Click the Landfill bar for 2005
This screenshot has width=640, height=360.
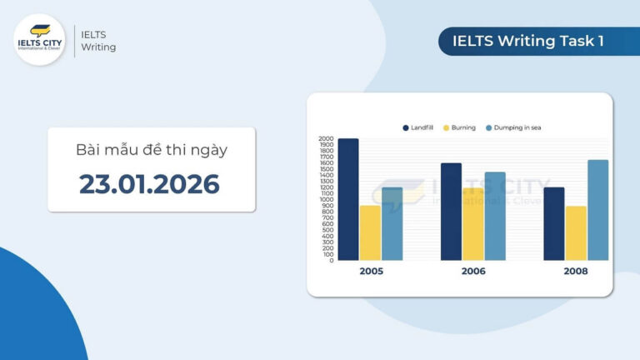(x=348, y=200)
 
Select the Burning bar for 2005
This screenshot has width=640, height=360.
(x=370, y=233)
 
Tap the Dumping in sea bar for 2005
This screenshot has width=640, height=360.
(x=392, y=224)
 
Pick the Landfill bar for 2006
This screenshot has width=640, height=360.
(x=451, y=212)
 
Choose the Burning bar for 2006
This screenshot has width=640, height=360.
(x=472, y=224)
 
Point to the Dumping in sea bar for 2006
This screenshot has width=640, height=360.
(x=494, y=217)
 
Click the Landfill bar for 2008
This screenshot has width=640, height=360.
(x=553, y=224)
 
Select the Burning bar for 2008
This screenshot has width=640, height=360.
(x=575, y=233)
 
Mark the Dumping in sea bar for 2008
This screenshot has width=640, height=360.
(x=597, y=210)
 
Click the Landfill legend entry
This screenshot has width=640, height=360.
(x=417, y=127)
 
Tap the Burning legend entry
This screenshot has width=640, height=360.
(x=458, y=127)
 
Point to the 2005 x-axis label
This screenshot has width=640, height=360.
(x=371, y=272)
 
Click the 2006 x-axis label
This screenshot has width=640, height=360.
(x=472, y=272)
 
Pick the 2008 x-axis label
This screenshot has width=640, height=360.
(x=575, y=272)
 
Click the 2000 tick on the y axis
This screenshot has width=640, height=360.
(x=326, y=139)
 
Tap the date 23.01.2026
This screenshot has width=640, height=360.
(x=150, y=183)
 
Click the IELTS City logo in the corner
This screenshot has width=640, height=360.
(x=39, y=39)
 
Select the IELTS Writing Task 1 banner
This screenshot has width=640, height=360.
(x=528, y=41)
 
